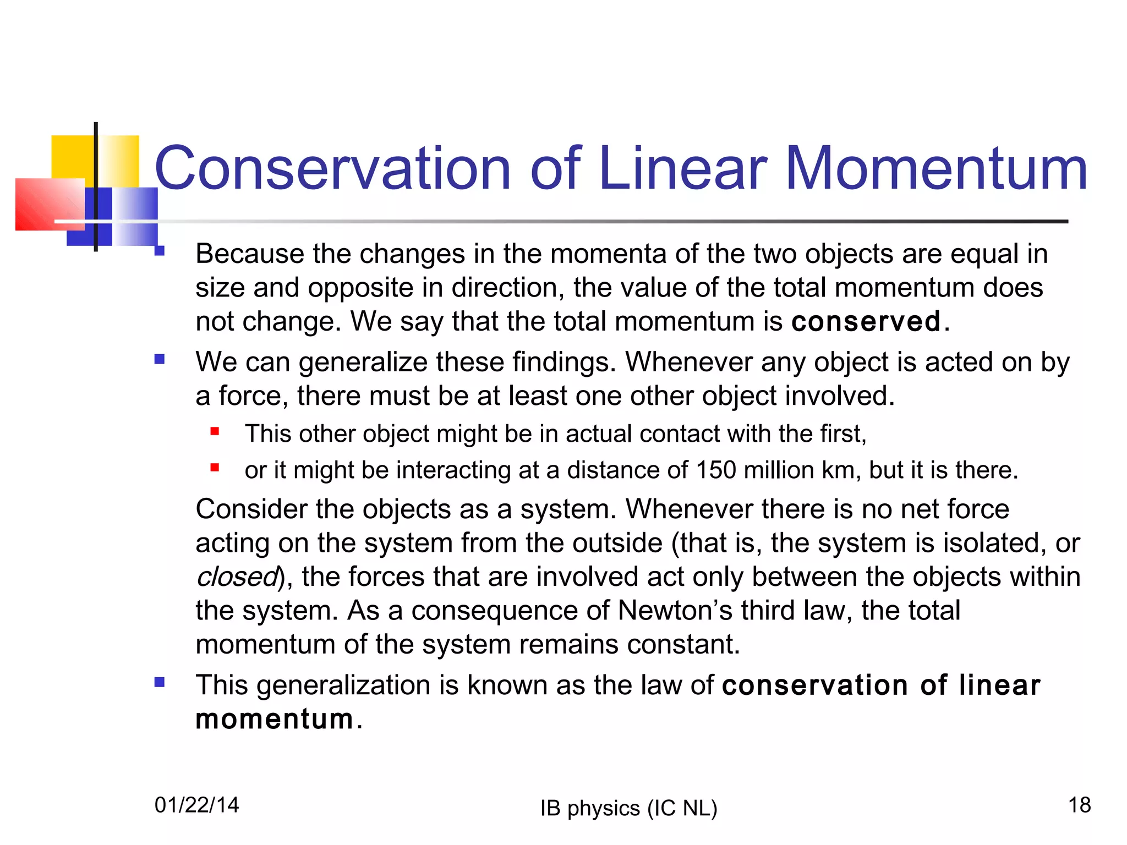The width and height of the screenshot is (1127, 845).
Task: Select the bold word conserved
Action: coord(866,321)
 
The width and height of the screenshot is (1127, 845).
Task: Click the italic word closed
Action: coord(237,577)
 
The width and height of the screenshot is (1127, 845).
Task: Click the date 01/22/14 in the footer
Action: coord(197,805)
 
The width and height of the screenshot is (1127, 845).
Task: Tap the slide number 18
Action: coord(1079,805)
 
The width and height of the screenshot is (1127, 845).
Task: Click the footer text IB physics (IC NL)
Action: coord(629,808)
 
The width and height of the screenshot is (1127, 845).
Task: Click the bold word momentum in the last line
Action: coord(275,719)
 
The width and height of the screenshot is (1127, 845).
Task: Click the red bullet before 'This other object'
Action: coord(215,432)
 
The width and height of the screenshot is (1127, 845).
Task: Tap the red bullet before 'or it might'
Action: coord(215,468)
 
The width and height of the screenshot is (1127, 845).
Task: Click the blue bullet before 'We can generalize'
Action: coord(160,360)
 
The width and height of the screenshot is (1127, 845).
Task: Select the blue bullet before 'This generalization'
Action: coord(160,683)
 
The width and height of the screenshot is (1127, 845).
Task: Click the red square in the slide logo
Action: coord(50,204)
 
